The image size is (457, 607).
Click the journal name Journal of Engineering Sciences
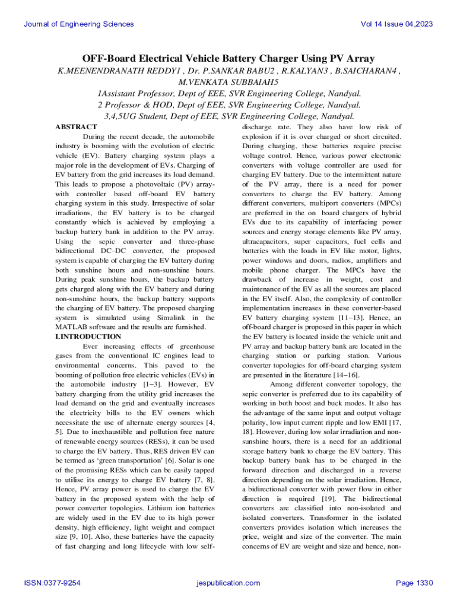[79, 24]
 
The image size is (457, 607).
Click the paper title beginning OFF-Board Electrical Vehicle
[228, 58]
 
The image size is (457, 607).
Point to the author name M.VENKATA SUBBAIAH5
[228, 82]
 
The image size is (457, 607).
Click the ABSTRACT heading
[76, 127]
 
